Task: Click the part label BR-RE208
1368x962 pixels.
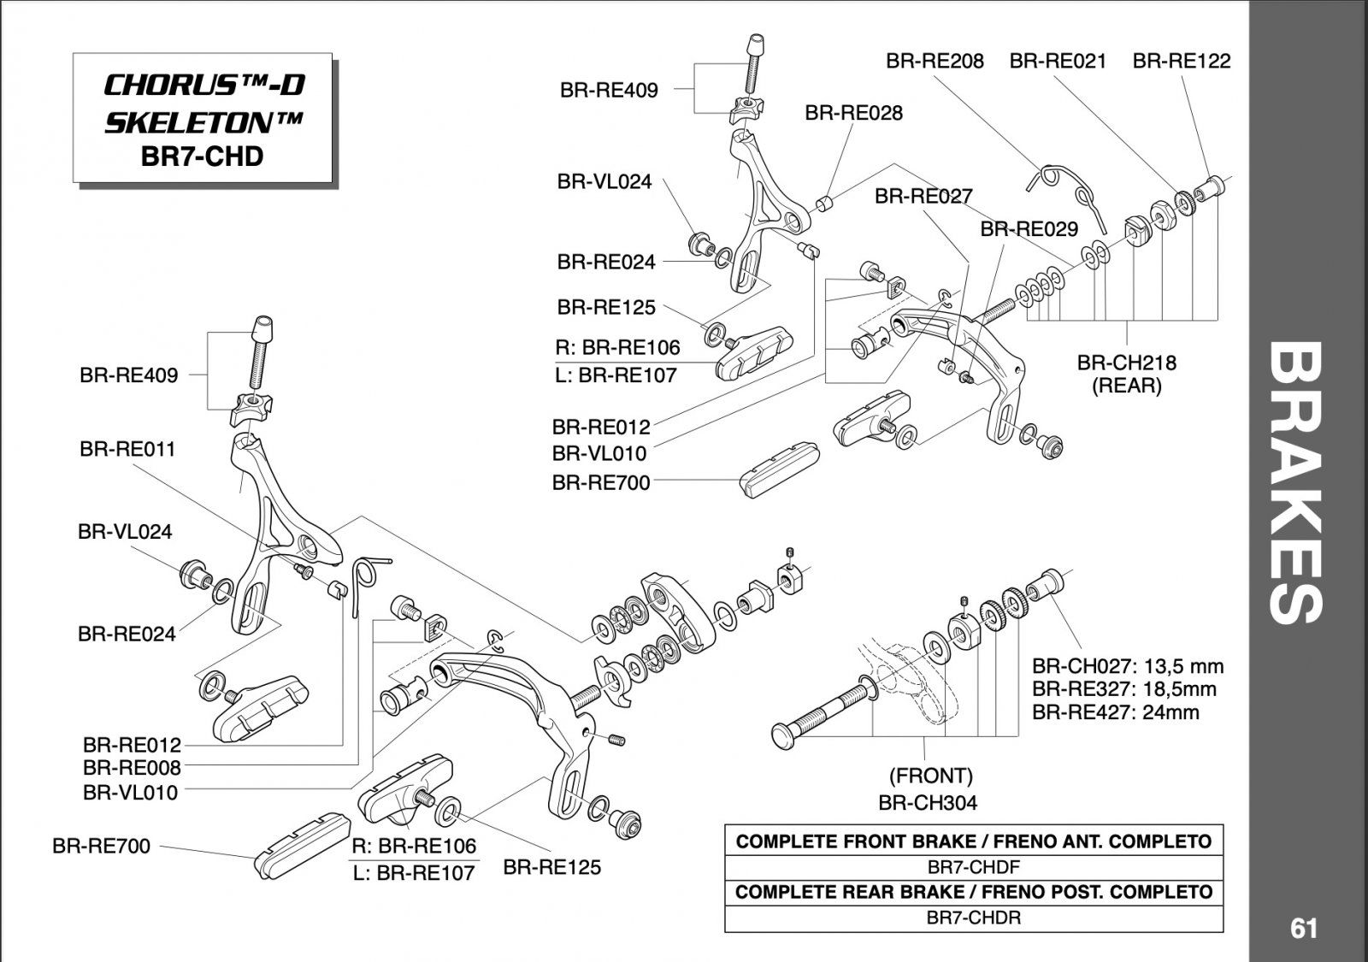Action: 935,61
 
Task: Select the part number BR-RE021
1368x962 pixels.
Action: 1058,61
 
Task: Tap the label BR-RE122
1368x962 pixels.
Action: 1182,61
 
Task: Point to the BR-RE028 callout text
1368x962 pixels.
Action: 853,113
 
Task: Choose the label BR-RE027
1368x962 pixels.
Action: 923,197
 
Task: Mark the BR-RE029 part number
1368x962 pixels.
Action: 1029,229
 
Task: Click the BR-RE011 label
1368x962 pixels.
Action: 127,449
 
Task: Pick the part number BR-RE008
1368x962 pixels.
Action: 132,768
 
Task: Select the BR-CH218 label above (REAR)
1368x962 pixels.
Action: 1126,363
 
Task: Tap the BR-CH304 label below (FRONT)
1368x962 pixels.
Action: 928,802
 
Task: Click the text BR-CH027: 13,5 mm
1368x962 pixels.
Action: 1128,666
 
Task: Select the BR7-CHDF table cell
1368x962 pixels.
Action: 973,866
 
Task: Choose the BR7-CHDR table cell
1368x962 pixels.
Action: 973,918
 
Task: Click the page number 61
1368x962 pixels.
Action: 1304,928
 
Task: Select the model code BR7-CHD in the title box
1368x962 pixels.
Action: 203,156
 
